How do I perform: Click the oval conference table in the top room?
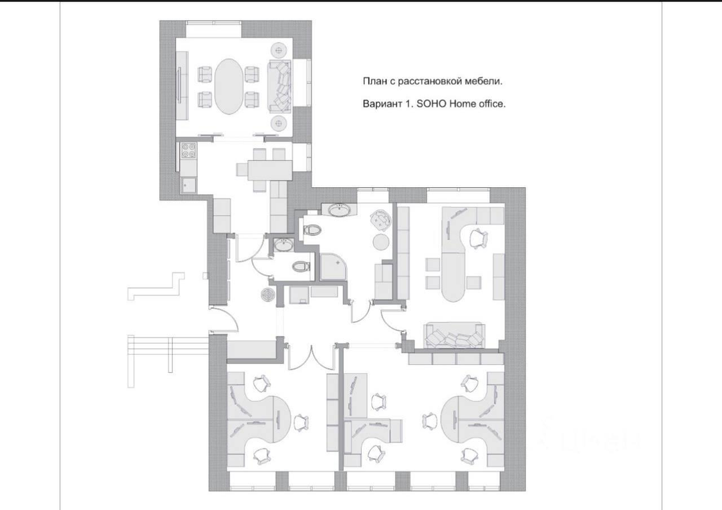click(x=231, y=86)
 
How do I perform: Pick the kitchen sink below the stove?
click(x=188, y=185)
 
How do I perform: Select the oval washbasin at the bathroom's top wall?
click(x=340, y=210)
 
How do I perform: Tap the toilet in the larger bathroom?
click(x=312, y=229)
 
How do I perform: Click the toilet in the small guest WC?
click(x=302, y=265)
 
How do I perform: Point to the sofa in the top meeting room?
click(x=279, y=86)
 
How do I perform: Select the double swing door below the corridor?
click(x=312, y=358)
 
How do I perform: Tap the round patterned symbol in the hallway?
click(x=267, y=295)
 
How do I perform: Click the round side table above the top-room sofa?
click(x=279, y=49)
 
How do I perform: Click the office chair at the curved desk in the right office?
click(x=479, y=239)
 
